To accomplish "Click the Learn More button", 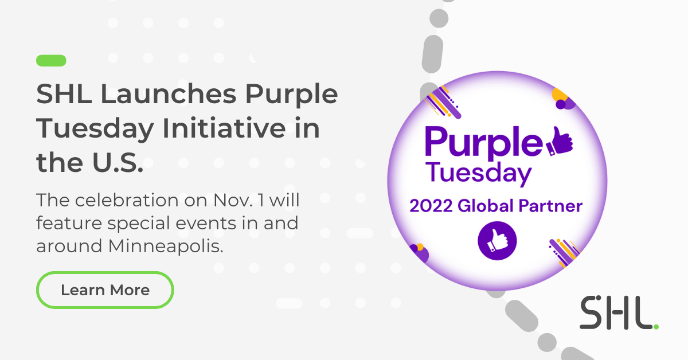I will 105,290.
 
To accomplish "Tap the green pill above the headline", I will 51,60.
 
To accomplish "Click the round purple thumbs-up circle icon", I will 497,241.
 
